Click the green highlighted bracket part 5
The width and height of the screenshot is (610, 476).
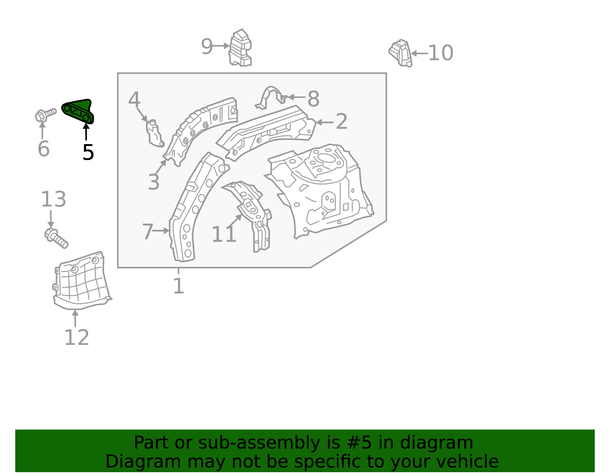[78, 111]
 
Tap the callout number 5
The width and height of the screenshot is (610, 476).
[88, 152]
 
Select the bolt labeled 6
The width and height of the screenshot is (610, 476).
[45, 114]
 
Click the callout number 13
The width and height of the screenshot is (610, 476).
[53, 199]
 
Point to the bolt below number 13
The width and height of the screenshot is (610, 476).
[56, 237]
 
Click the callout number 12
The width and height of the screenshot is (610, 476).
[77, 338]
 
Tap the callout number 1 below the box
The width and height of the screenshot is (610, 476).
[178, 286]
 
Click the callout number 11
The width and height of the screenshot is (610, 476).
[224, 234]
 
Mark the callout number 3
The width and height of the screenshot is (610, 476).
[154, 182]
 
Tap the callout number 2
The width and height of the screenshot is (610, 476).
[341, 122]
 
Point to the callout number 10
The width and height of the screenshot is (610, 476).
[441, 53]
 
